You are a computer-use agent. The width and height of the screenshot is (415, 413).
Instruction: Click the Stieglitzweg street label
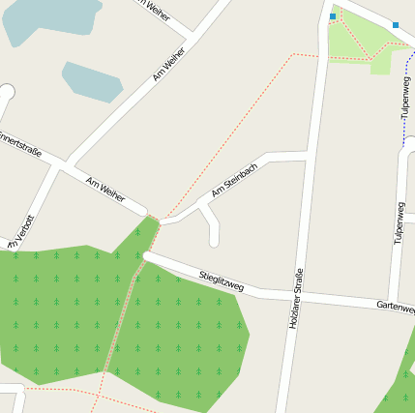coord(221,281)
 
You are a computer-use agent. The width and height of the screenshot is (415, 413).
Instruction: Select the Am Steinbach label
coord(234,179)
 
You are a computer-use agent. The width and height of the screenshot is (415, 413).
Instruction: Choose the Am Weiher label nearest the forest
coord(105,189)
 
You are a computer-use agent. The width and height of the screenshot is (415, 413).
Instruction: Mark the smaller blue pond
coord(92,82)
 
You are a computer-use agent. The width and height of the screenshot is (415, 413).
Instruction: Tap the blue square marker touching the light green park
coord(333,16)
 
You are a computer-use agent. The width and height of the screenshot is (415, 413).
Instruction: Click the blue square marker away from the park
coord(395,24)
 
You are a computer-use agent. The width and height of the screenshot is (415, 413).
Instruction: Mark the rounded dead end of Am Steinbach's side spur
coord(214,240)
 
